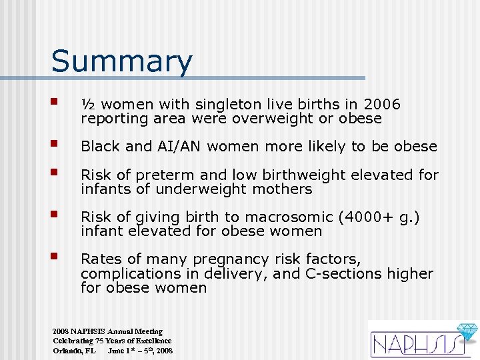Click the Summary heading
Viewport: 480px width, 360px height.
click(121, 61)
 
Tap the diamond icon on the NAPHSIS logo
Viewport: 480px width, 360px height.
click(466, 331)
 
